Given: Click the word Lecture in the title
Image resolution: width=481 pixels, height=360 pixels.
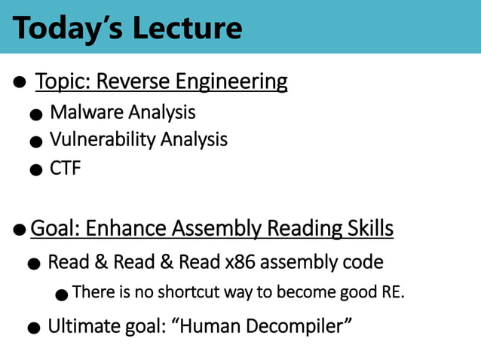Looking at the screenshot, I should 187,28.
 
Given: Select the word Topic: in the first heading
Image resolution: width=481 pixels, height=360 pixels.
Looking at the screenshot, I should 61,81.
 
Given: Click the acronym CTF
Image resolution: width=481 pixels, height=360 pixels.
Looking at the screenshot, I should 65,167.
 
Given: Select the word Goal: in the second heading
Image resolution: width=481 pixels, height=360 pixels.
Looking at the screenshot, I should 57,227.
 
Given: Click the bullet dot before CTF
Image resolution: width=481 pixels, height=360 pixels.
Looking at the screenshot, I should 35,169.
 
